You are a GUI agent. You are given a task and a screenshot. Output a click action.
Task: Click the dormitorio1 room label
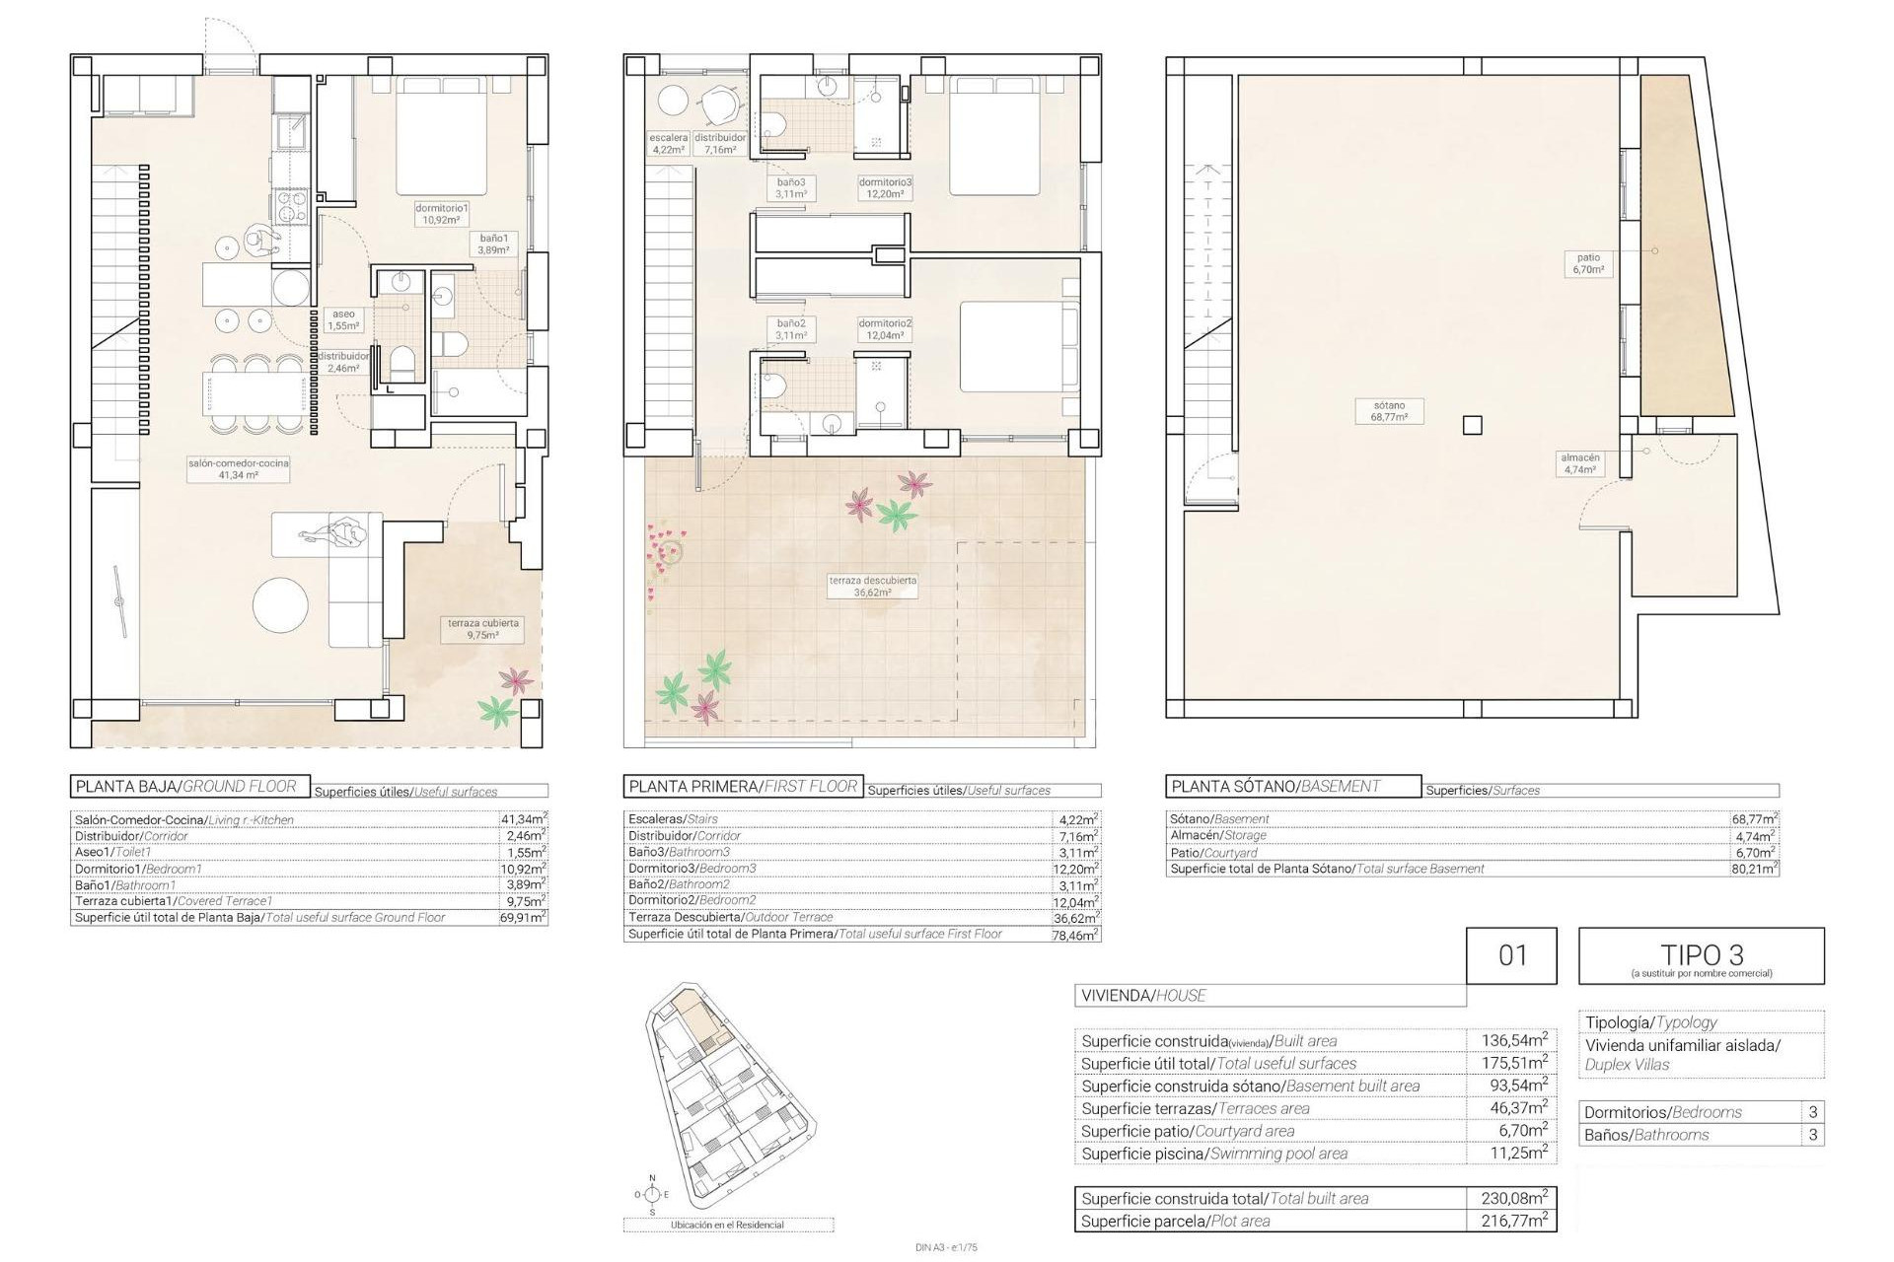click(x=441, y=214)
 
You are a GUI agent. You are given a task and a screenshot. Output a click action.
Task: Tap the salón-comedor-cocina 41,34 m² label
click(x=225, y=468)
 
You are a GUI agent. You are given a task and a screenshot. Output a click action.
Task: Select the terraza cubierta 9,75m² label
click(x=482, y=629)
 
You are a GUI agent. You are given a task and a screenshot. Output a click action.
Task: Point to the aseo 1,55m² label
click(x=343, y=319)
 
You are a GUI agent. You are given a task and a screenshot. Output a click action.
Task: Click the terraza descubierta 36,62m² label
click(x=872, y=587)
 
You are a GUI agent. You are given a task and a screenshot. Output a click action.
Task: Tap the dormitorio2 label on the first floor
click(x=884, y=328)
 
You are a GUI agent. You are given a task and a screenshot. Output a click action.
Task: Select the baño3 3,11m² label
click(x=790, y=188)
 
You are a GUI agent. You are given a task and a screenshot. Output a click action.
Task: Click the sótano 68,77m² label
click(x=1388, y=411)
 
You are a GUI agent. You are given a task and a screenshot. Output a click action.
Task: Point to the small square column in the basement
click(x=1472, y=425)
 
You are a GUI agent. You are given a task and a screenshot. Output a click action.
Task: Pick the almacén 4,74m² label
click(x=1579, y=463)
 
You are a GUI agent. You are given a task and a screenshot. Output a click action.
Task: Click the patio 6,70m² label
click(x=1588, y=263)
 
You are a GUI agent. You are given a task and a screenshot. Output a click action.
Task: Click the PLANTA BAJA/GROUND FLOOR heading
click(x=186, y=786)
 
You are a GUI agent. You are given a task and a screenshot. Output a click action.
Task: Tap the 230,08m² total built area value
click(x=1513, y=1198)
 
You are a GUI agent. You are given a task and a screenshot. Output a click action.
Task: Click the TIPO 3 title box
click(x=1701, y=955)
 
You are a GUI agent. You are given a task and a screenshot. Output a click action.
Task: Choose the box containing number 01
click(x=1511, y=955)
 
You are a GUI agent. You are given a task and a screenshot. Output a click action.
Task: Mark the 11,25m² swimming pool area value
click(x=1513, y=1153)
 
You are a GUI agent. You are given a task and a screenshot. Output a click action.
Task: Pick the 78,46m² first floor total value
click(x=1075, y=934)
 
